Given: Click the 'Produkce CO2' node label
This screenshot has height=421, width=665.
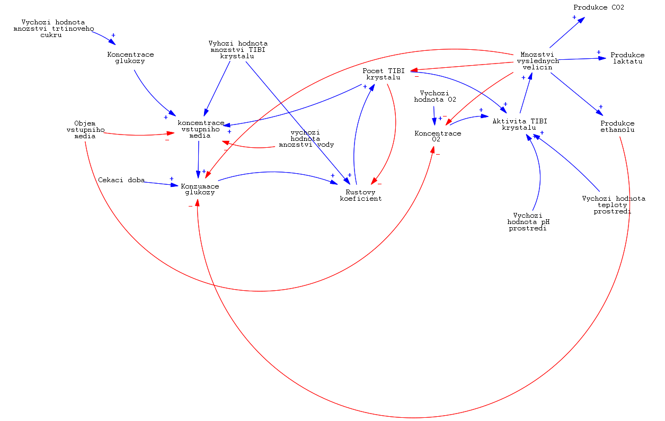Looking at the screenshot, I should (599, 7).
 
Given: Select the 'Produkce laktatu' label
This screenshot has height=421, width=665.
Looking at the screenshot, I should (627, 58).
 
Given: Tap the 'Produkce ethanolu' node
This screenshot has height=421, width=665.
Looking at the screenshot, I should (617, 127).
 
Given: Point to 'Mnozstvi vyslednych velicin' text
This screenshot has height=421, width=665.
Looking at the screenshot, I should (537, 61).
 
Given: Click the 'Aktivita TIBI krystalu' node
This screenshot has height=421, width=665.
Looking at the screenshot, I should (519, 124).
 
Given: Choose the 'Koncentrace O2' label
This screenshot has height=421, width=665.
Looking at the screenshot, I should (437, 136).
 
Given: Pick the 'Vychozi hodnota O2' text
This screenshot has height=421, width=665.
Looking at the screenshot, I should (435, 96).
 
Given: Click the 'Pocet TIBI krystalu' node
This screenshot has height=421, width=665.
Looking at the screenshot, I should (383, 74).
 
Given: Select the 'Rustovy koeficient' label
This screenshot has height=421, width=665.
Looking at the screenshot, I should (360, 195).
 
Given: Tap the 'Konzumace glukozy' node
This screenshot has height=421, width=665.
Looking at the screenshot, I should (200, 189).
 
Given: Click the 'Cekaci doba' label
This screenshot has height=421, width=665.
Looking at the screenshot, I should (121, 180).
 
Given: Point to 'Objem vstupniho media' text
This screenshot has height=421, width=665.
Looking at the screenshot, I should (85, 130).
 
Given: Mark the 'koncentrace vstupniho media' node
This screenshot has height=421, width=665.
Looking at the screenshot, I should (200, 129).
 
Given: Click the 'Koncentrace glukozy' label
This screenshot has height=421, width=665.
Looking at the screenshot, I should (130, 58).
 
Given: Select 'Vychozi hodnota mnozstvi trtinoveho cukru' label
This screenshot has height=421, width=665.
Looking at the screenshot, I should (53, 29).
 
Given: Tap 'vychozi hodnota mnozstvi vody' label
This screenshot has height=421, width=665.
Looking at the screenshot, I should (306, 138).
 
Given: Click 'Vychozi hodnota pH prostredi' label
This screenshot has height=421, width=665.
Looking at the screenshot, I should (528, 222).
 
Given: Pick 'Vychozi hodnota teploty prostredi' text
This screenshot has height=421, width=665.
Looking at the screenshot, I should (613, 205).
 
